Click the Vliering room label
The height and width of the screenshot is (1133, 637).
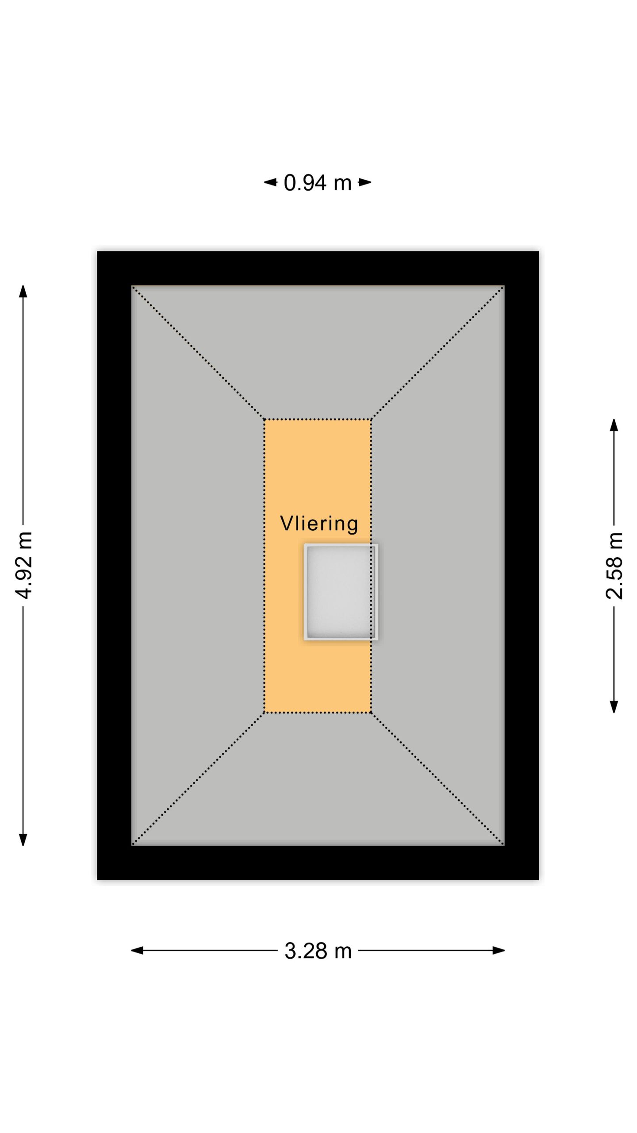point(319,524)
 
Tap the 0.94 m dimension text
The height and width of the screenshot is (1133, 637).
point(318,182)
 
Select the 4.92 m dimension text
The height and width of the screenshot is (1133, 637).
point(23,565)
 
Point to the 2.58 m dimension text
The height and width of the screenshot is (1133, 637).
point(614,566)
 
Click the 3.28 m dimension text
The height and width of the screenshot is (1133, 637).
point(318,950)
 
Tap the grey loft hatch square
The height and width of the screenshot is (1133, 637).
point(341,592)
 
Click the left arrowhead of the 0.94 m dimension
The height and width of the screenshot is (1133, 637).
point(270,182)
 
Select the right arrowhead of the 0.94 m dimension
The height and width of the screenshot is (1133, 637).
point(365,182)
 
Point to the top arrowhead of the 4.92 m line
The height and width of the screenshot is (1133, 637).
point(23,291)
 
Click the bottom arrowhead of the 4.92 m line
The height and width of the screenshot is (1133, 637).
point(23,840)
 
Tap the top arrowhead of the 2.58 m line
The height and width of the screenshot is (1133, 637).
point(614,425)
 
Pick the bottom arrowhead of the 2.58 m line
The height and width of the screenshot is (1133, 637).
point(614,707)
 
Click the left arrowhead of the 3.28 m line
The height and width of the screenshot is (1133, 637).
point(137,950)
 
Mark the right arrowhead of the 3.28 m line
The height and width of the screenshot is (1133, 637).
point(499,950)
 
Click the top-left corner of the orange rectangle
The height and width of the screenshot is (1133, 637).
point(265,419)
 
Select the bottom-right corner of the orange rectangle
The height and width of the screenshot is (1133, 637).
point(371,713)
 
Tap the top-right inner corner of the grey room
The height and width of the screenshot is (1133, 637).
point(504,286)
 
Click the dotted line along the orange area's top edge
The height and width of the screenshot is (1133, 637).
point(318,419)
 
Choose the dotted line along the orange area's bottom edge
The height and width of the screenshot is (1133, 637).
point(318,713)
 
